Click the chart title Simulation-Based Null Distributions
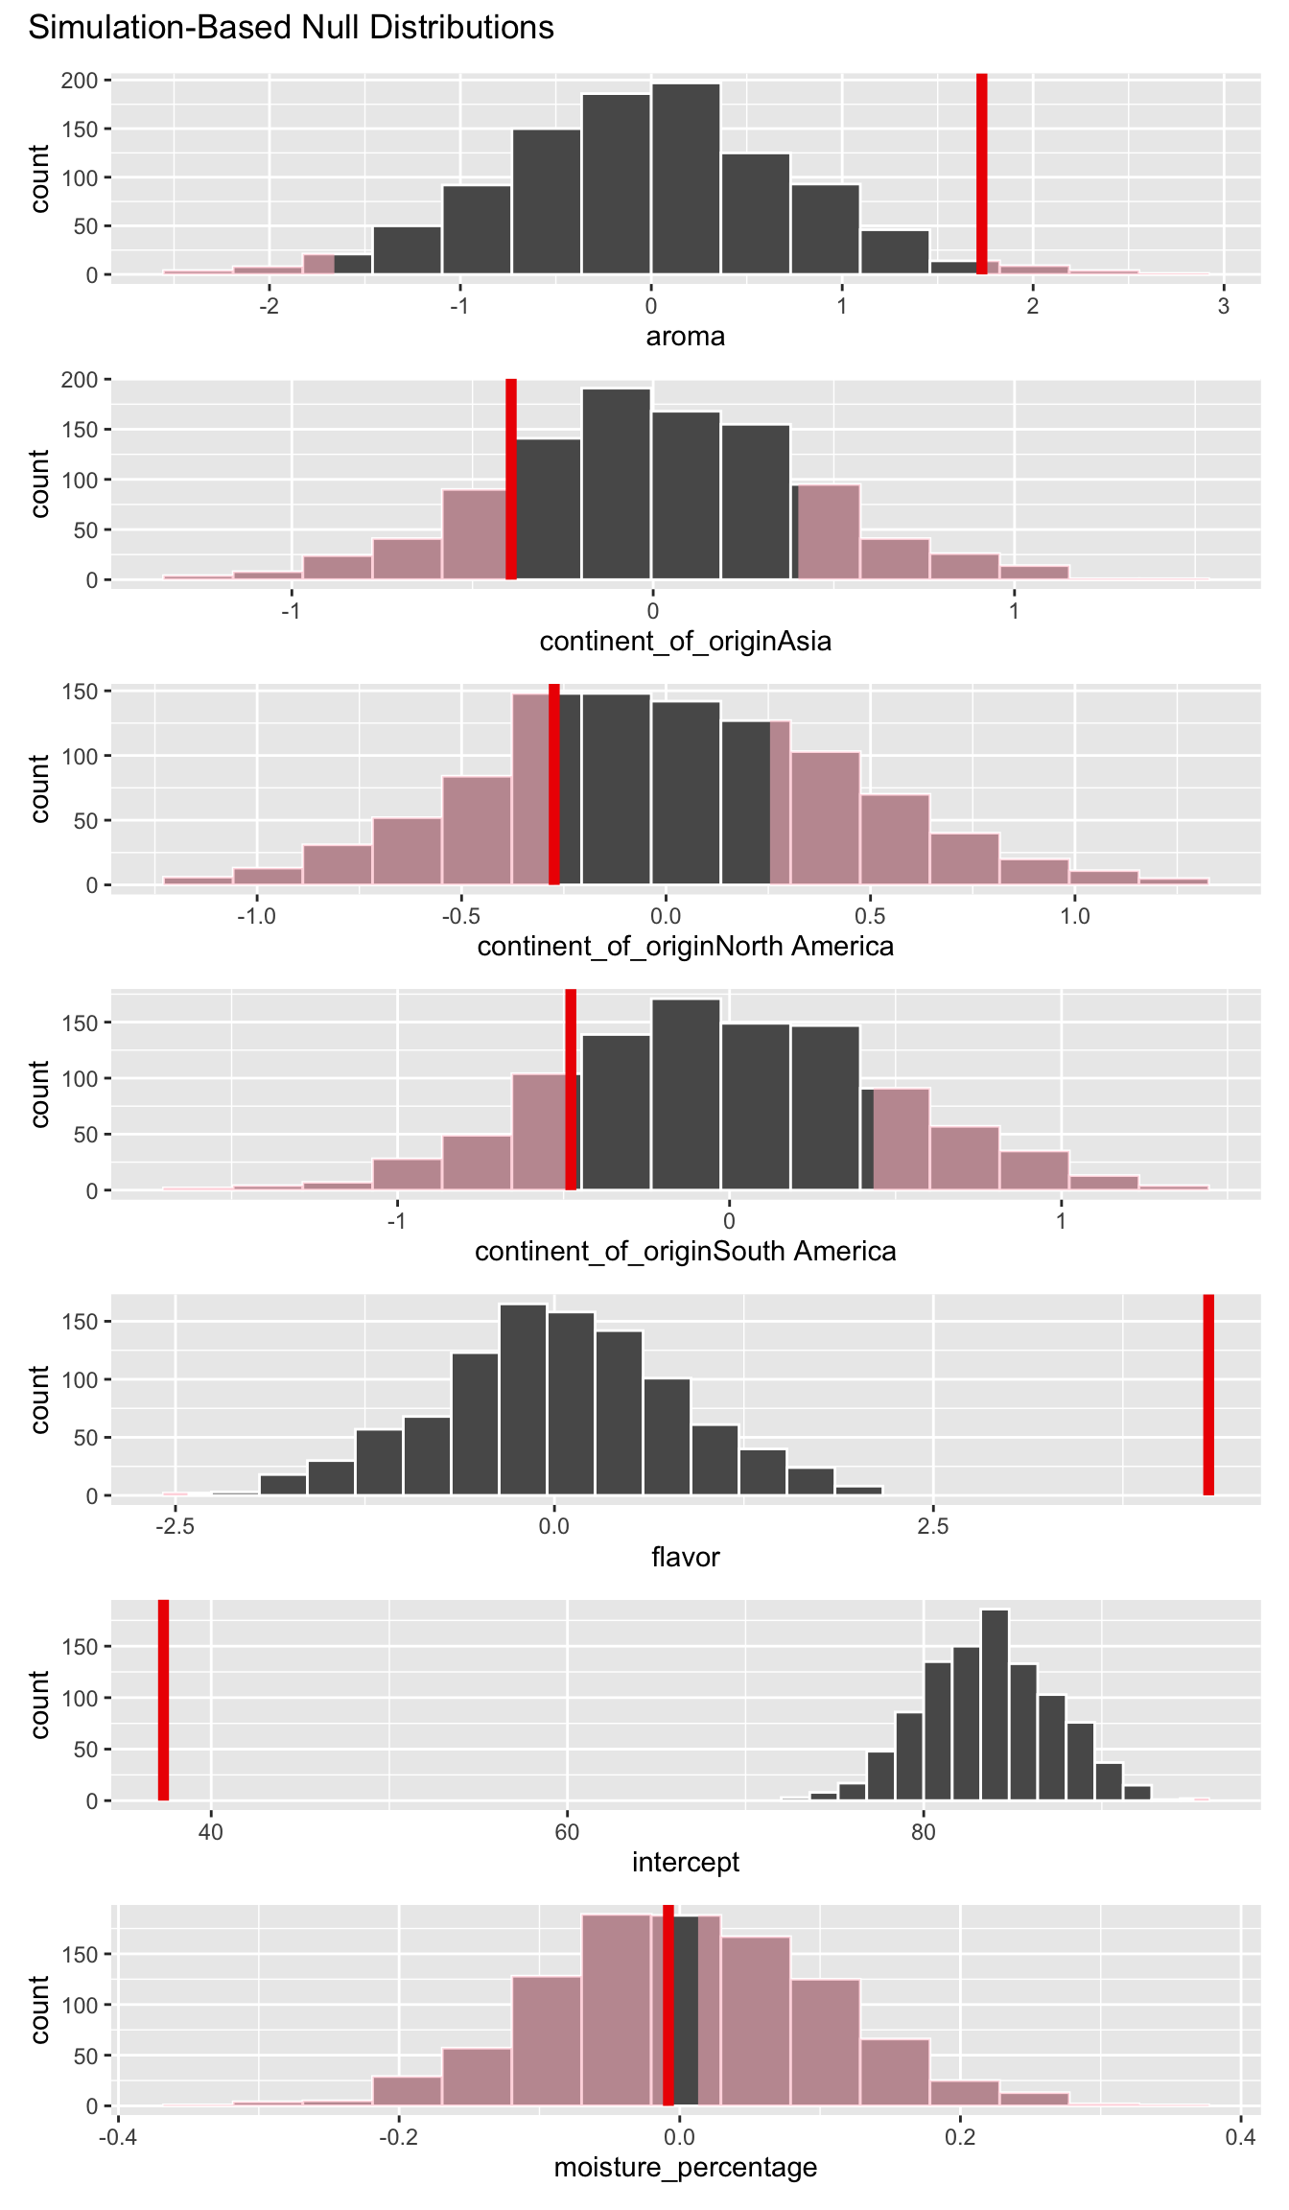291,27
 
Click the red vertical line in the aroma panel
981,173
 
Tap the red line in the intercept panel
163,1700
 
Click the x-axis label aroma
685,337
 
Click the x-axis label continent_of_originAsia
685,641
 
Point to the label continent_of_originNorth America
685,947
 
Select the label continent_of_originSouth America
685,1252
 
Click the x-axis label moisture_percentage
685,2167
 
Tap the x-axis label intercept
685,1862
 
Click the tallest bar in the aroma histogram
686,178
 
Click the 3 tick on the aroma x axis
1223,306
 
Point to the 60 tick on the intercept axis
567,1832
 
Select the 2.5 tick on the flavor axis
933,1527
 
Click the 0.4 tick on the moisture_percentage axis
1240,2137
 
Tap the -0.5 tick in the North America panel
460,916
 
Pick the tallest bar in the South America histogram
686,1093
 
